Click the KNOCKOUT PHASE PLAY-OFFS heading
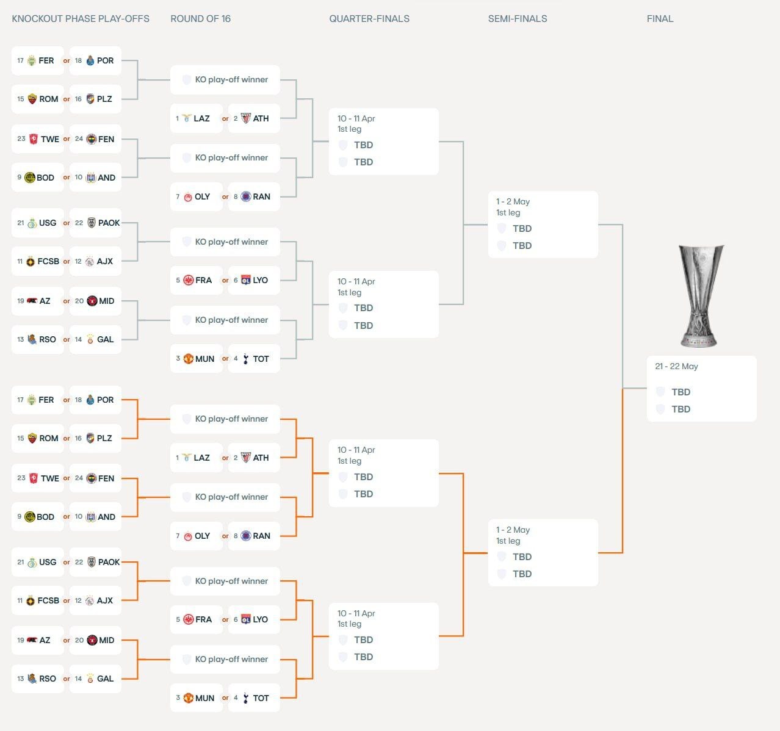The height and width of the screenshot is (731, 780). click(81, 19)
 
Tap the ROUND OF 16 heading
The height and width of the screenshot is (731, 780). click(200, 19)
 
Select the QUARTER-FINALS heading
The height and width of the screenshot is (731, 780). click(369, 19)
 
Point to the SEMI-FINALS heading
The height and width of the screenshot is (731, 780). click(517, 19)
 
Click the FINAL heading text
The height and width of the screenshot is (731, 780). click(660, 19)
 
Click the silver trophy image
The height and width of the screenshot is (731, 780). click(701, 296)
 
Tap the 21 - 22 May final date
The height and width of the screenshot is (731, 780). click(676, 366)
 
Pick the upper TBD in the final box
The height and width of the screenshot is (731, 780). click(681, 392)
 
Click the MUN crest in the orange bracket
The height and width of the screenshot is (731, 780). click(189, 698)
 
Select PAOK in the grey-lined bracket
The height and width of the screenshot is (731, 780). click(109, 223)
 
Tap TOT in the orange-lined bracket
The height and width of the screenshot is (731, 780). click(261, 698)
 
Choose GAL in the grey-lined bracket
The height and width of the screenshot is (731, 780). click(105, 339)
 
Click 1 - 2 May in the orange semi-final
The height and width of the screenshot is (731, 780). click(513, 530)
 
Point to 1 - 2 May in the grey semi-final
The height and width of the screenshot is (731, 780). click(513, 201)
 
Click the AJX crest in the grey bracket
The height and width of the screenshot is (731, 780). click(90, 261)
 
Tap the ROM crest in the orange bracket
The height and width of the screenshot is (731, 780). click(32, 438)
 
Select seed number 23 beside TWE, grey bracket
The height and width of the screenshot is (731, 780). click(21, 139)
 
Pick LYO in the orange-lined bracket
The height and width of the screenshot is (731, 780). click(260, 619)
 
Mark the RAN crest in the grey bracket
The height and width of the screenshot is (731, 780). click(246, 196)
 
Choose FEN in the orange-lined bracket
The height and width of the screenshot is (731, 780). click(106, 478)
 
